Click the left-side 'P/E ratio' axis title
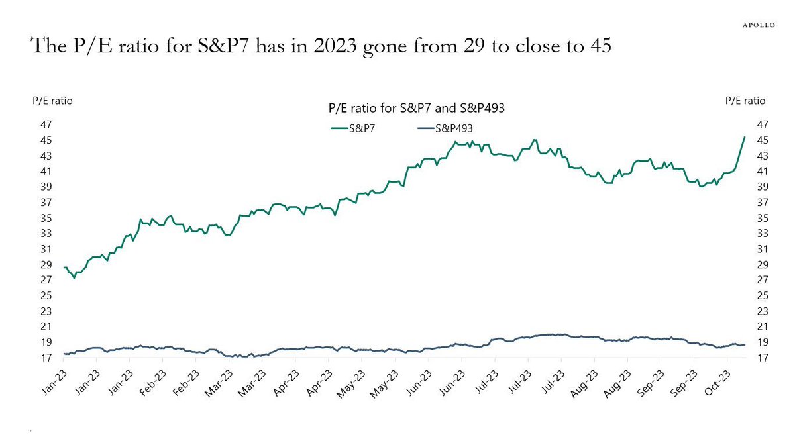pyautogui.click(x=52, y=101)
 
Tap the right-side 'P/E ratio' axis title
pyautogui.click(x=745, y=101)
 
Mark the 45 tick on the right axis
pyautogui.click(x=762, y=140)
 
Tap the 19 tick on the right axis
pyautogui.click(x=762, y=342)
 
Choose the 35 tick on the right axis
pyautogui.click(x=762, y=218)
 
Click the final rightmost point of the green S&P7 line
pyautogui.click(x=745, y=137)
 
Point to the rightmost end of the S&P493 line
pyautogui.click(x=745, y=345)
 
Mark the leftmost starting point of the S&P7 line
pyautogui.click(x=64, y=267)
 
